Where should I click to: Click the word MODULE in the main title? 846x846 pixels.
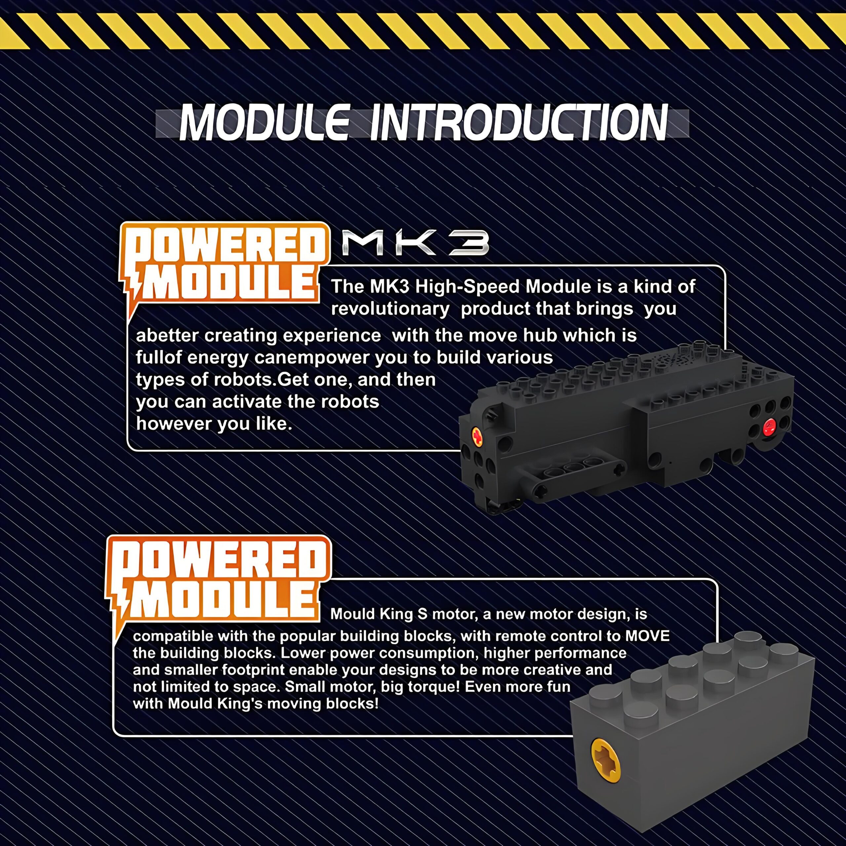tap(264, 123)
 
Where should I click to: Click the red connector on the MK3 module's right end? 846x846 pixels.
tap(769, 427)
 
